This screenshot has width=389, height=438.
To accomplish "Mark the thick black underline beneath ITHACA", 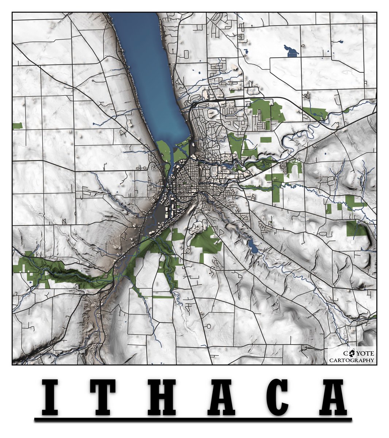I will pos(193,419).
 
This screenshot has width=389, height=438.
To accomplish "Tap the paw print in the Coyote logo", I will pos(352,353).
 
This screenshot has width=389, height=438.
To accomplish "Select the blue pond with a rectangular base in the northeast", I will pos(292,52).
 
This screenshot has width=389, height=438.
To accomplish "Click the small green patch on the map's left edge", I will pos(17,126).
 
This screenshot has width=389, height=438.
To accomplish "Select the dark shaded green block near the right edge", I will pos(356,229).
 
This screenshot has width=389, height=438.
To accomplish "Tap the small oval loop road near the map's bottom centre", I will pos(209,326).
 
